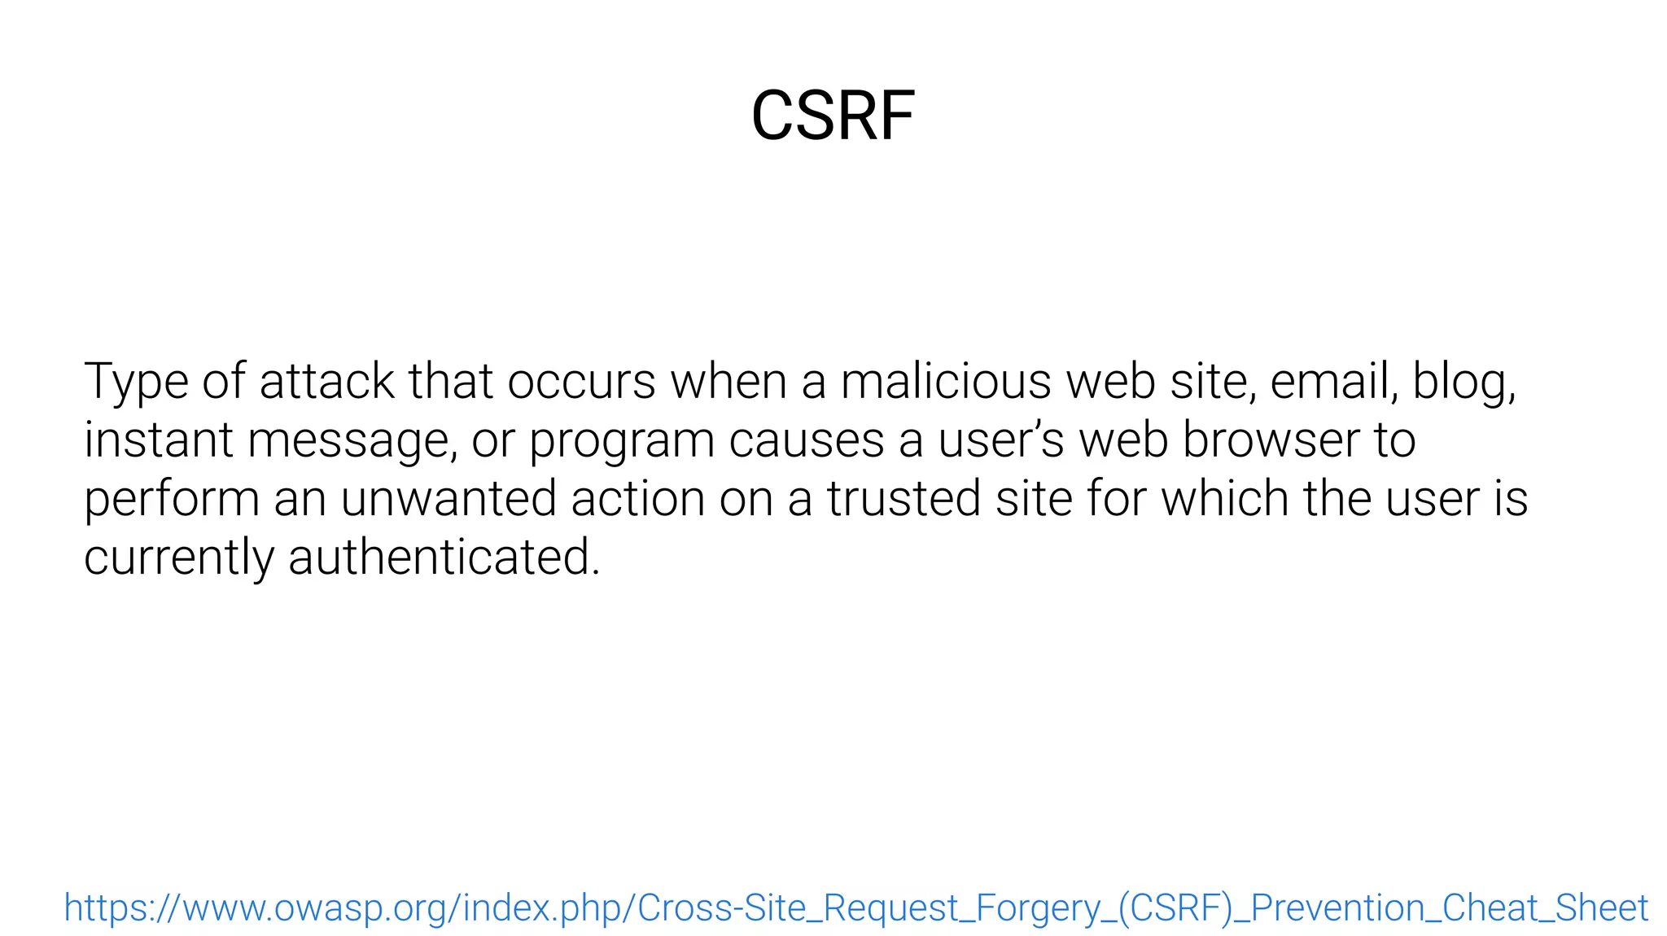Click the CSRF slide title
pyautogui.click(x=833, y=116)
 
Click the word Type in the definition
pyautogui.click(x=136, y=381)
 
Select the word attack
pyautogui.click(x=326, y=381)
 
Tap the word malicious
pyautogui.click(x=945, y=381)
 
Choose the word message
pyautogui.click(x=348, y=441)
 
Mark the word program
pyautogui.click(x=620, y=441)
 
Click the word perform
pyautogui.click(x=171, y=500)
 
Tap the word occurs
pyautogui.click(x=581, y=381)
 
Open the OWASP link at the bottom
pyautogui.click(x=855, y=908)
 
